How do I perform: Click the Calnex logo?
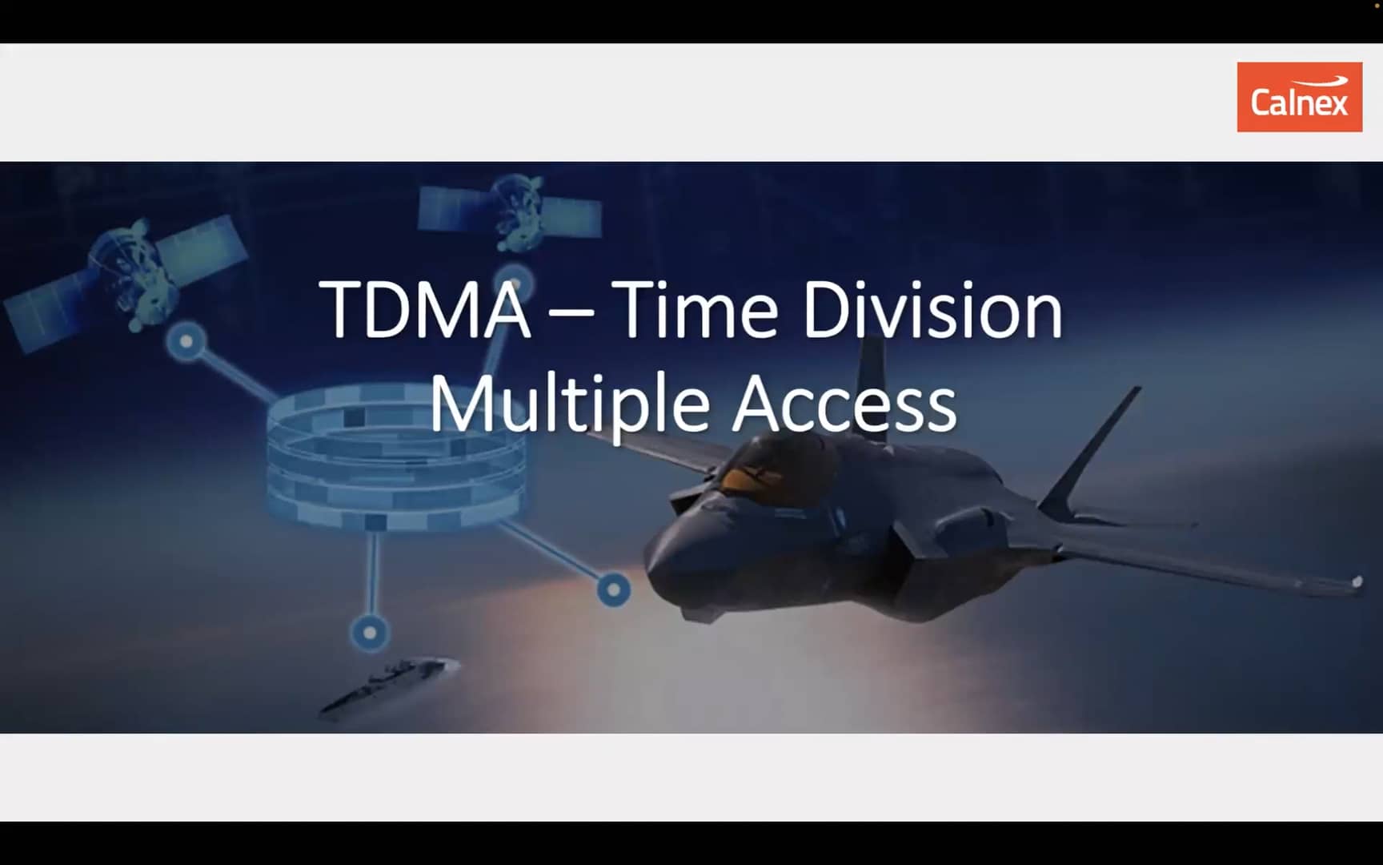(x=1299, y=97)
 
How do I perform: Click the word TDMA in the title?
(x=425, y=310)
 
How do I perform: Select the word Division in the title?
(x=932, y=310)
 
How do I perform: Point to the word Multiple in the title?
(x=569, y=405)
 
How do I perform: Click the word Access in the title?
(x=844, y=405)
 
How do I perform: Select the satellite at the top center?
(x=510, y=210)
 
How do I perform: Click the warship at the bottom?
(x=390, y=685)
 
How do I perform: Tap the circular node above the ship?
(x=370, y=633)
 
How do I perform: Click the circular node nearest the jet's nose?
(x=614, y=590)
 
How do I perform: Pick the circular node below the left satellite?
(x=186, y=342)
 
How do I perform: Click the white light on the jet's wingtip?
(x=1357, y=582)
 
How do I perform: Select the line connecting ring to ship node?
(x=371, y=573)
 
